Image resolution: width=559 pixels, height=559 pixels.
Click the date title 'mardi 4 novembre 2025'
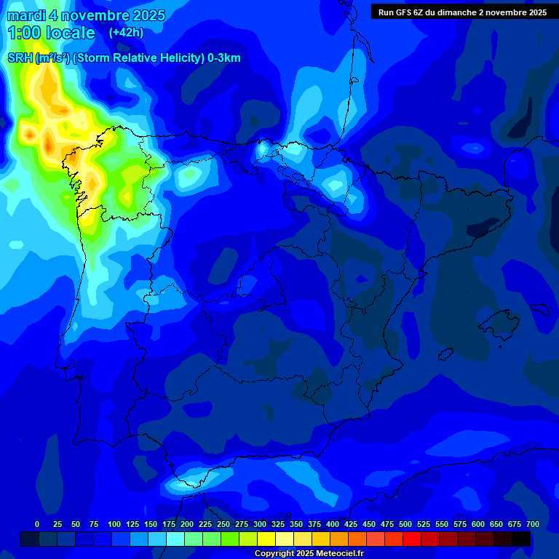coord(87,15)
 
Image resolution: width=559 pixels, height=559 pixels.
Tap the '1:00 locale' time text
coord(51,33)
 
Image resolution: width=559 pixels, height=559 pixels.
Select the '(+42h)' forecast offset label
coord(126,33)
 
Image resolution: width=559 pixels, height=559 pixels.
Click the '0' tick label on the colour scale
coord(37,524)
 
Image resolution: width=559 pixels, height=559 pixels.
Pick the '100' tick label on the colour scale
coord(114,524)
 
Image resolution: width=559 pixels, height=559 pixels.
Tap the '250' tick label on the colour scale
coord(223,524)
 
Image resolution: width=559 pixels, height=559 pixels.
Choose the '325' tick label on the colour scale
coord(278,524)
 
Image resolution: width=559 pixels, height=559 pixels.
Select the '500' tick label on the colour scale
coord(405,524)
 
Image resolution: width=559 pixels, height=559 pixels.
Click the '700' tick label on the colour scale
coord(533,524)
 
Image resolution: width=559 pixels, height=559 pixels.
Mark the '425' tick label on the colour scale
coord(351,524)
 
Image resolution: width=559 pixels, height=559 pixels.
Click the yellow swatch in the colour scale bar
coord(266,539)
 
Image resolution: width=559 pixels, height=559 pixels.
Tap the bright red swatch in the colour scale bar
coord(412,539)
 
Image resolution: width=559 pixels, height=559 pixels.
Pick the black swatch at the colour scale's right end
coord(521,539)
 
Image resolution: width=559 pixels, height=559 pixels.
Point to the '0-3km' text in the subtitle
coord(223,58)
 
